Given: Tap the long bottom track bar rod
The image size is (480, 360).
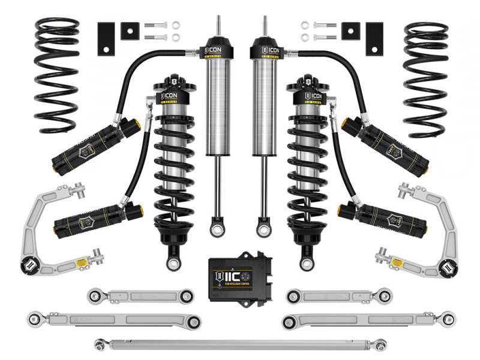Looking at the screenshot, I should pyautogui.click(x=240, y=343).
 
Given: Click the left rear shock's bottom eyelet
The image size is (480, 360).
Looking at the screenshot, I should pyautogui.click(x=214, y=229).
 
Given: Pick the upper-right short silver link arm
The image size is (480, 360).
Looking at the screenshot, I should pyautogui.click(x=338, y=295).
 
